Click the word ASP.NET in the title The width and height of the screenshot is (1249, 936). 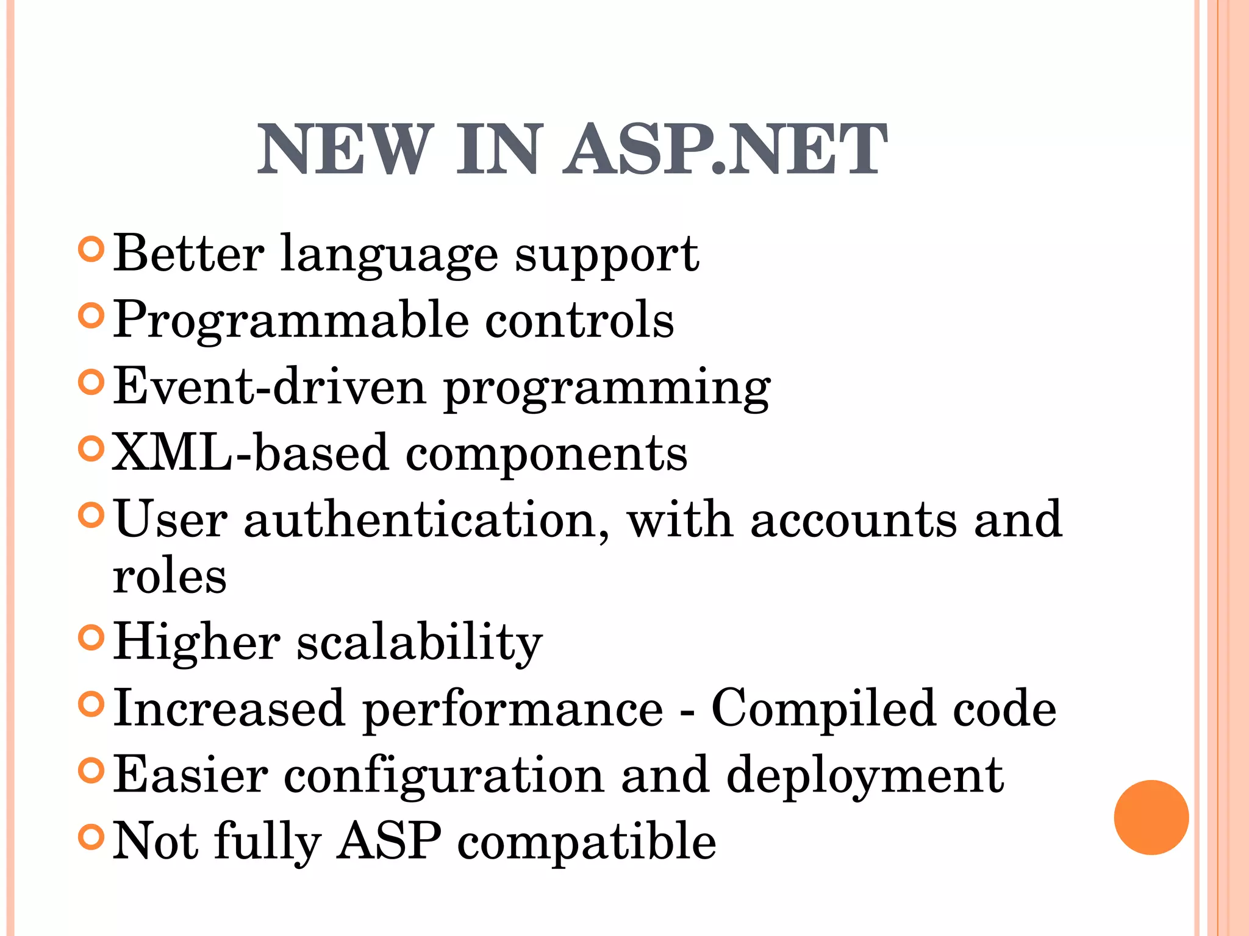pos(725,149)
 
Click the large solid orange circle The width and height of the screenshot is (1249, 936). pos(1151,817)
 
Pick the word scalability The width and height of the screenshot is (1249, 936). pos(420,642)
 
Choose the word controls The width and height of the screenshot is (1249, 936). pos(579,320)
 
